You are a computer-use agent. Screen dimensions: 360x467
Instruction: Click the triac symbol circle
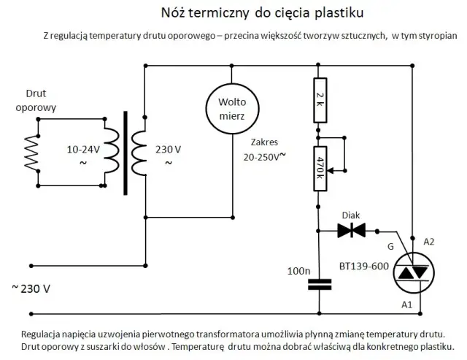[x=413, y=270]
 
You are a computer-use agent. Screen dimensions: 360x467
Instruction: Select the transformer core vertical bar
[x=126, y=153]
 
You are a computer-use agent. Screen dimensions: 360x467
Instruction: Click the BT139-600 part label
[x=363, y=267]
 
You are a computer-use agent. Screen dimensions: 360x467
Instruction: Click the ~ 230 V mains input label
[x=31, y=288]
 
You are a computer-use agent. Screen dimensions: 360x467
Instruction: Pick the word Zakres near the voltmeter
[x=264, y=143]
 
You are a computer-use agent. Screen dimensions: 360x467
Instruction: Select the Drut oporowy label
[x=41, y=101]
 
